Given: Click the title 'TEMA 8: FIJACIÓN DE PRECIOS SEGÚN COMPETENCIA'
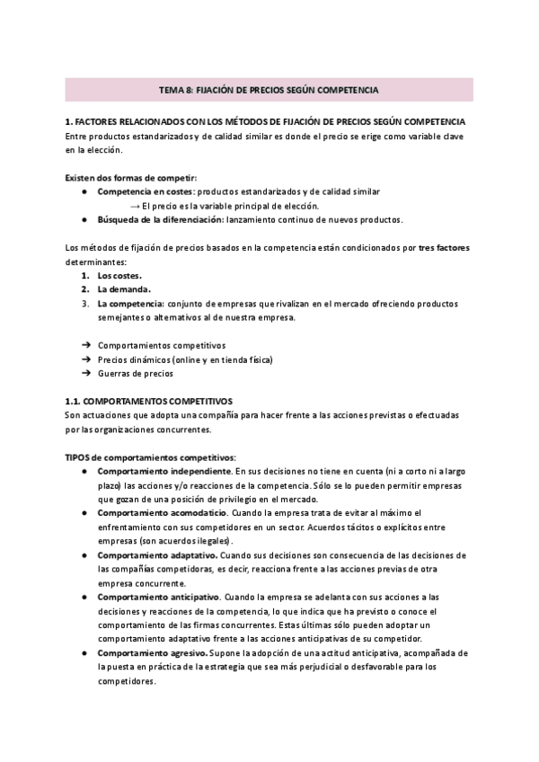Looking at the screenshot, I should (x=269, y=90).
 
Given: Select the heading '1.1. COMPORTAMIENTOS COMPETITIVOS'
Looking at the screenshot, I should (x=149, y=401).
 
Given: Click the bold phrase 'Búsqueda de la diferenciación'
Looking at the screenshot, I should (x=161, y=219).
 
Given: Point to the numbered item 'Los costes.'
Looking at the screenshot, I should (x=119, y=276).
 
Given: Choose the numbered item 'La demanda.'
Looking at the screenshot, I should (x=124, y=289).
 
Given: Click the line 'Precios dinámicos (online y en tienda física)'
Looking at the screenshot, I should (x=184, y=359).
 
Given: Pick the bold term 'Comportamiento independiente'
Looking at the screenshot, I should (x=163, y=471).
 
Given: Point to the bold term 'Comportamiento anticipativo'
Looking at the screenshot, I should (x=157, y=597).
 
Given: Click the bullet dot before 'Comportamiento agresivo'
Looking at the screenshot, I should (x=84, y=653).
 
